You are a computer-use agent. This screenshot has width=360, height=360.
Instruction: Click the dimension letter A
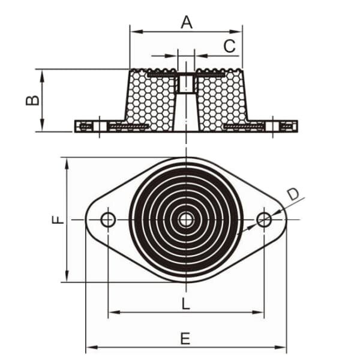187,22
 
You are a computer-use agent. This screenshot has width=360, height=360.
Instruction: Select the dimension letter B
32,100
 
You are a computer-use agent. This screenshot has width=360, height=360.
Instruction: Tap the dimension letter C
229,46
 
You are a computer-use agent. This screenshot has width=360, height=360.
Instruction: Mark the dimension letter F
58,220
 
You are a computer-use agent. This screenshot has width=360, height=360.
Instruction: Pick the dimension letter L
186,304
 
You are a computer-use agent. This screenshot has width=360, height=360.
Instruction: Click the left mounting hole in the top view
108,220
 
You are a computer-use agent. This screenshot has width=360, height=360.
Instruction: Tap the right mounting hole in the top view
264,220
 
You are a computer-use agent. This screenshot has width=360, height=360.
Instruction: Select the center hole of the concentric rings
186,220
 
